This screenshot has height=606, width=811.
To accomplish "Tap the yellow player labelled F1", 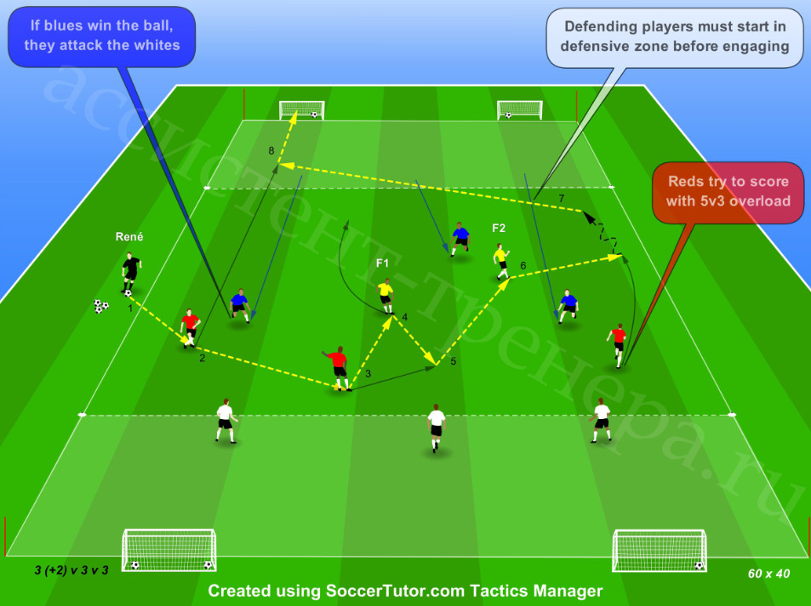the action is point(386,296).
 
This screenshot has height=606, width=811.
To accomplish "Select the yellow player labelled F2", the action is point(501,262).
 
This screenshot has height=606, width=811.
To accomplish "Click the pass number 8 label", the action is point(271,150).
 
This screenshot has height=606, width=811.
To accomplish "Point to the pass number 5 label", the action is point(453,361).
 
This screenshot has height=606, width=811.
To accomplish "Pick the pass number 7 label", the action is point(562,198).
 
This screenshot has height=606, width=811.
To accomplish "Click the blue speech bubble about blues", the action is point(101,37).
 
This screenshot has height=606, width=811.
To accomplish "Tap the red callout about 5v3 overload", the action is point(728,192).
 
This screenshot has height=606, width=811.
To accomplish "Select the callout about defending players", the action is point(675,37).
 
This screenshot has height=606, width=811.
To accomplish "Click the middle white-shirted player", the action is point(436,428).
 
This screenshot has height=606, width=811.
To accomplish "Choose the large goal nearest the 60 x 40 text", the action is point(659,550).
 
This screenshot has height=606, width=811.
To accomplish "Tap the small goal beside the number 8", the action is point(301,110).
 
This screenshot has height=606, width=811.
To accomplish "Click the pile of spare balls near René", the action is point(101,306).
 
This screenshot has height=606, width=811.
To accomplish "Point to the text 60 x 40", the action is point(768,574).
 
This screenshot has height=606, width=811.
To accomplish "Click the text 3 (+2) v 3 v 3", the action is point(71,570).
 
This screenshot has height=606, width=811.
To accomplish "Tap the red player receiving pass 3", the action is point(338,368).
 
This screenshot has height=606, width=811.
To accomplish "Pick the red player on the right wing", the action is point(617,345).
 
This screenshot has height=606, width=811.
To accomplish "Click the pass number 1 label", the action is point(130,308).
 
